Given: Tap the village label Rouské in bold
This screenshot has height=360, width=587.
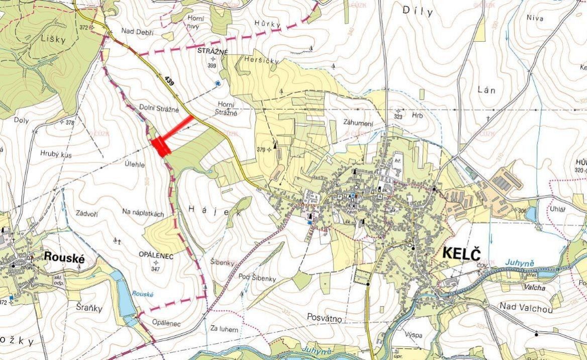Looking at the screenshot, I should click(63, 256).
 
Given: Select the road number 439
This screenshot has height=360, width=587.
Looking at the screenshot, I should click(169, 80).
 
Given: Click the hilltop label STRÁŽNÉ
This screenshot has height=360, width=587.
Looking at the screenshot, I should click(213, 52).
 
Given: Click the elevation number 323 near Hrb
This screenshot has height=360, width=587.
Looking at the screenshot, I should click(399, 117).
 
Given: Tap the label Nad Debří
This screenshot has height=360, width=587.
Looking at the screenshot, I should click(137, 32).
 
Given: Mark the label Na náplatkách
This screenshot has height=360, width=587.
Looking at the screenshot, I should click(143, 214).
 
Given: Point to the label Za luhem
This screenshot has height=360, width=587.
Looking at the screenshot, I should click(224, 329).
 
